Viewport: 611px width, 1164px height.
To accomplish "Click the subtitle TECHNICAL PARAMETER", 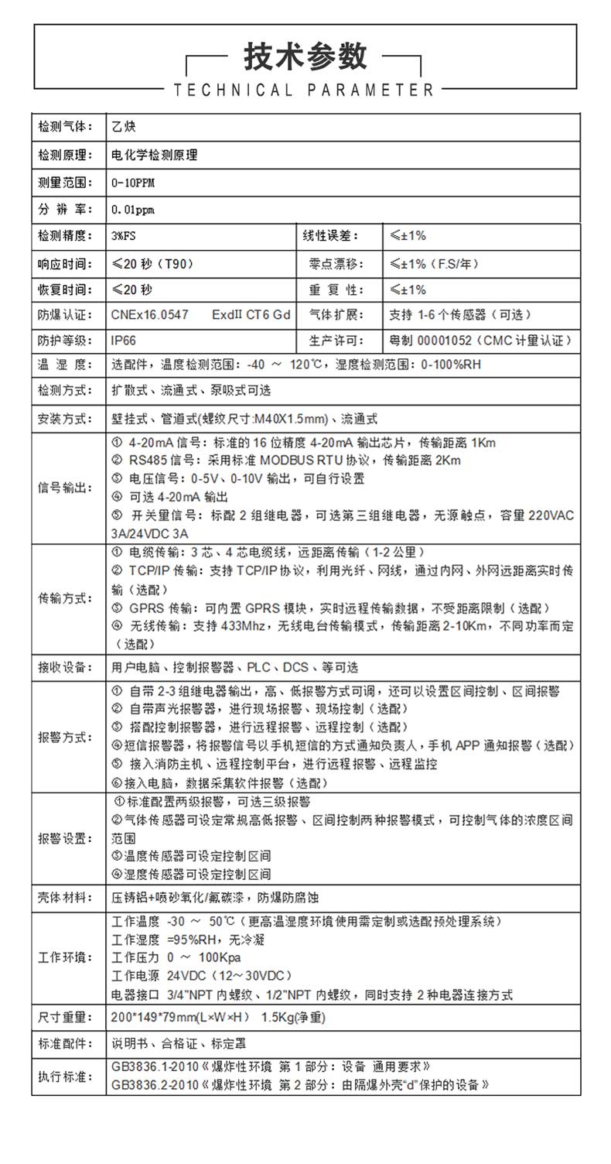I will coord(305,91).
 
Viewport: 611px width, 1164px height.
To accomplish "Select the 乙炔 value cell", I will coord(123,127).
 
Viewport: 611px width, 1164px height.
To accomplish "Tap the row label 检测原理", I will coord(66,155).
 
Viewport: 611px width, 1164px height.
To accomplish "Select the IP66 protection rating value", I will coord(125,340).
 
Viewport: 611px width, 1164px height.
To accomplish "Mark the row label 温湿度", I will coord(66,365).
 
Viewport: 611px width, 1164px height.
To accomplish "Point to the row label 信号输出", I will coord(66,488).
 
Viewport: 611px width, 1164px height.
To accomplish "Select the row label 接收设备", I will coord(66,667).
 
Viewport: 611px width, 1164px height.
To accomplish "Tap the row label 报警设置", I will coord(66,838).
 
